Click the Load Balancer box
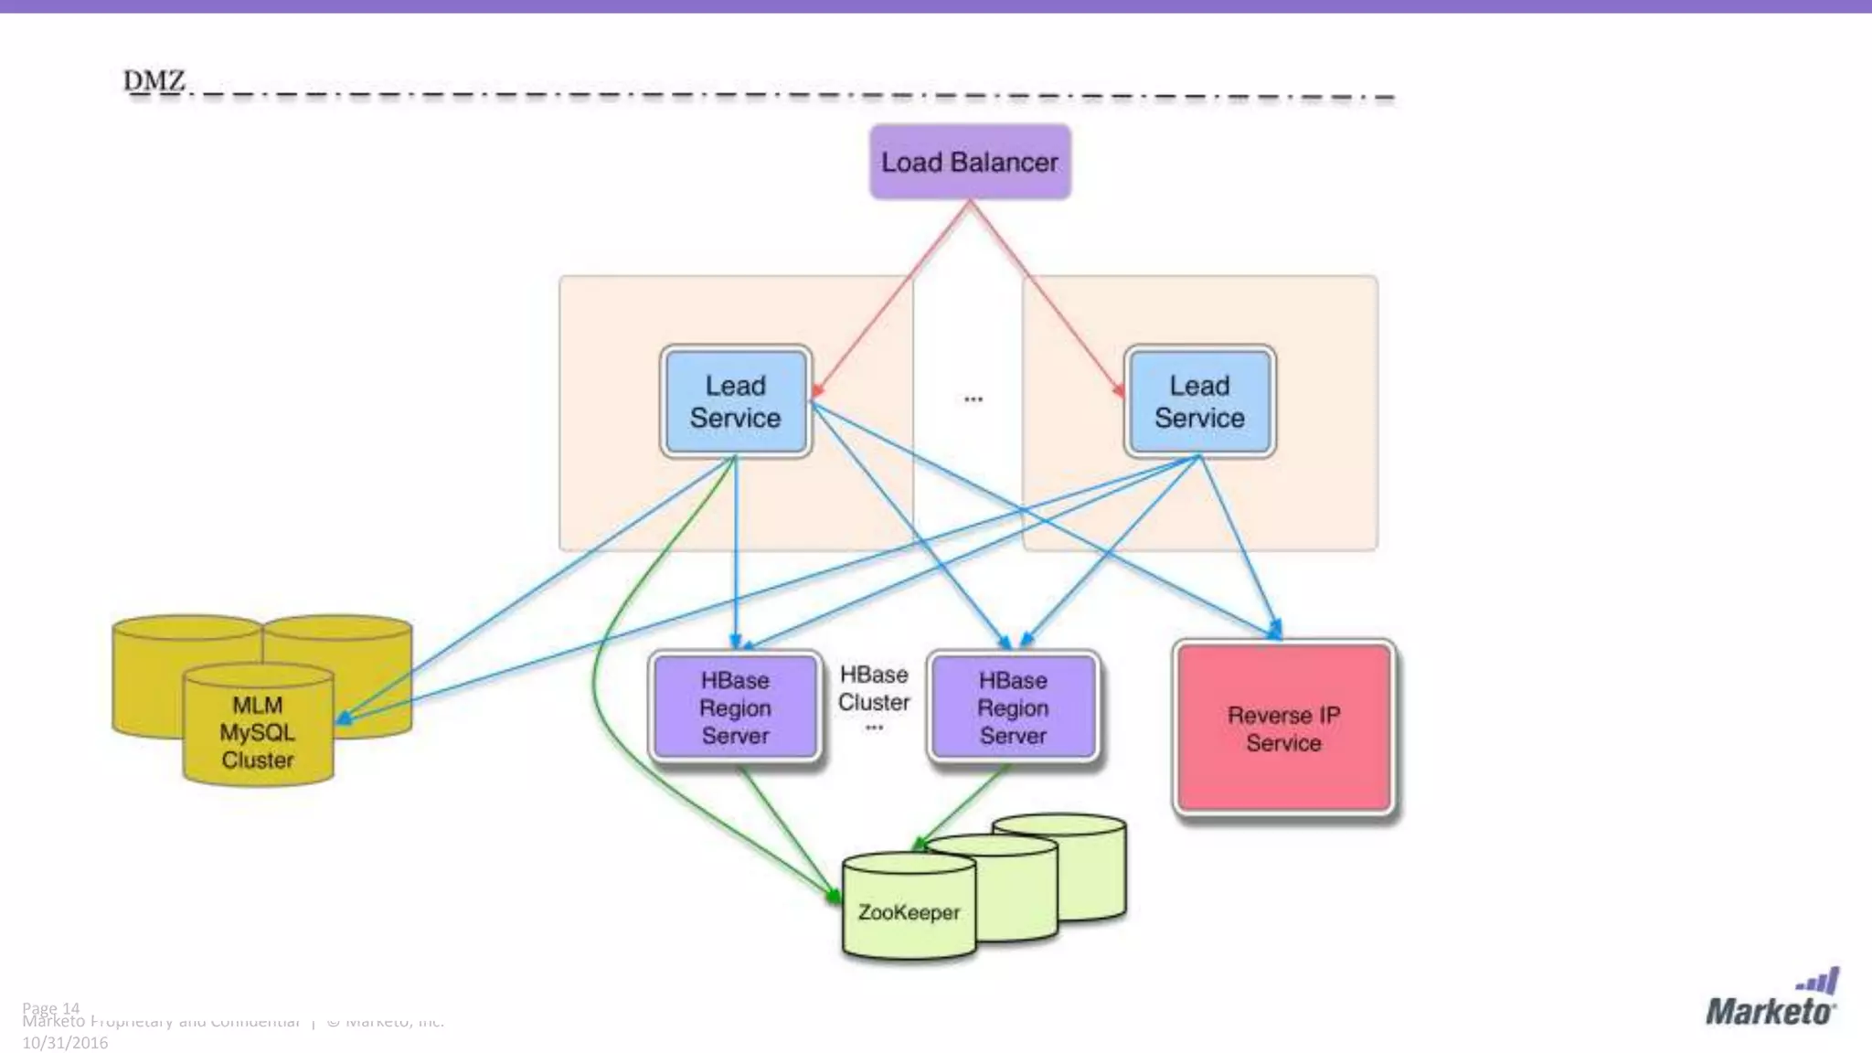coord(970,163)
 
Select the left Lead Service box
coord(735,401)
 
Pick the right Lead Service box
coord(1199,401)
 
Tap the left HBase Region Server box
coord(735,707)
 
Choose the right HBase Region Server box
coord(1013,707)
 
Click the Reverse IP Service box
coord(1283,728)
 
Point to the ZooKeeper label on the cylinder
coord(909,912)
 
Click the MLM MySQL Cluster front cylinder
coord(258,731)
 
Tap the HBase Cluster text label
coord(874,688)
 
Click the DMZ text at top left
coord(154,80)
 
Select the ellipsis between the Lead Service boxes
coord(973,399)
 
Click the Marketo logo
coord(1771,1000)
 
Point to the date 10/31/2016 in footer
coord(65,1043)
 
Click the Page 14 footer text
coord(51,1007)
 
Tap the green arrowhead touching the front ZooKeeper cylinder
coord(834,896)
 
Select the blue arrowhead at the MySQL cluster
coord(345,718)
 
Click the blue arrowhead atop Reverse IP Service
coord(1274,630)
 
